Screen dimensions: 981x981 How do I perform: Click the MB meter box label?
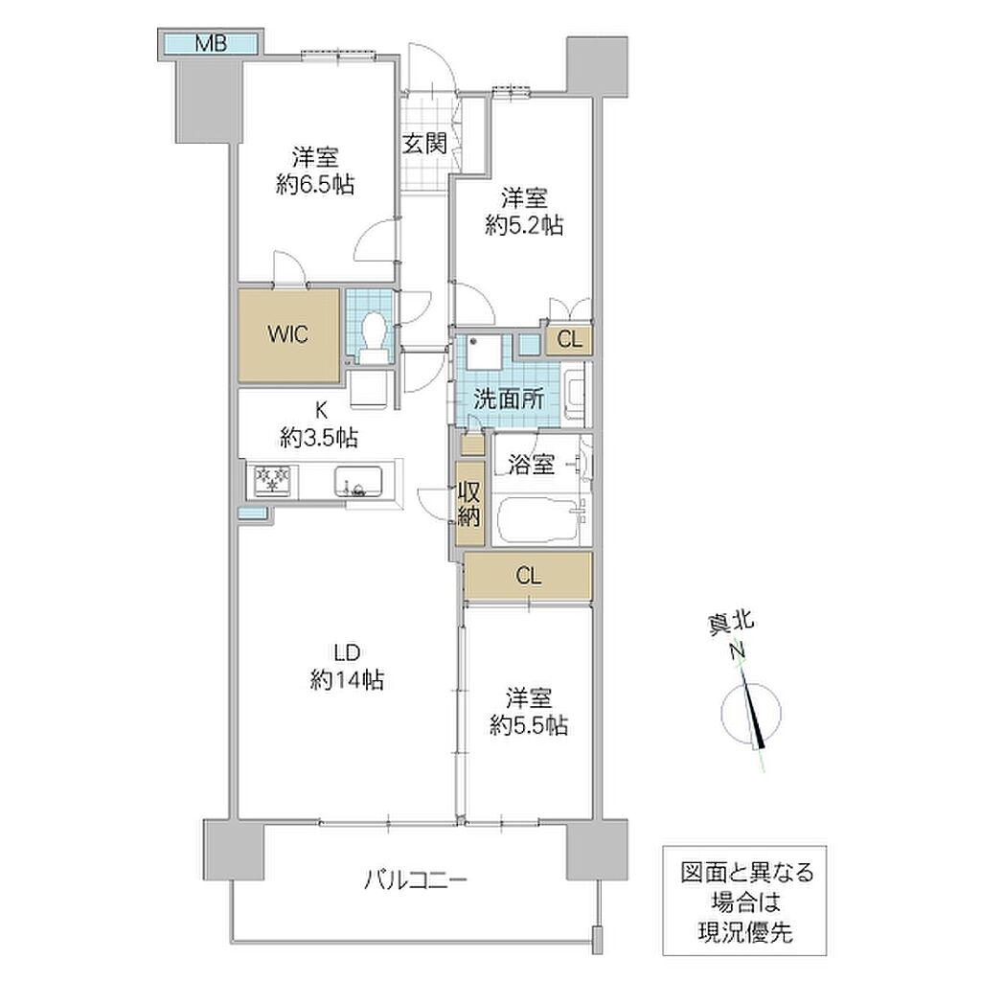tap(211, 43)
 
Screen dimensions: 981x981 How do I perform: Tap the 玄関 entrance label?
tap(424, 144)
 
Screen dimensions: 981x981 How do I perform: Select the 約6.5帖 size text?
tap(315, 185)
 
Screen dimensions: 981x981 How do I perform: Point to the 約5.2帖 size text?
tap(524, 225)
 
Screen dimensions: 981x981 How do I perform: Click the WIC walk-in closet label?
tap(288, 334)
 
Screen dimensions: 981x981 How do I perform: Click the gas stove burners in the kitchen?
tap(273, 481)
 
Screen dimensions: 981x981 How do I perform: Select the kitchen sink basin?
tap(358, 482)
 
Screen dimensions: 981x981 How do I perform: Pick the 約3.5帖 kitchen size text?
tap(319, 437)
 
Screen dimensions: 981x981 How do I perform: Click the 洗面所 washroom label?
tap(509, 399)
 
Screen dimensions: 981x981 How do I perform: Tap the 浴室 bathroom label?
tap(532, 465)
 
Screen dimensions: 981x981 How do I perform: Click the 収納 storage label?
tap(469, 504)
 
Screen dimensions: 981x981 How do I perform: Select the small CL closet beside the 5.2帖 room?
tap(569, 340)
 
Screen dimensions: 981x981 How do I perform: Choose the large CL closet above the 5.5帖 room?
tap(528, 576)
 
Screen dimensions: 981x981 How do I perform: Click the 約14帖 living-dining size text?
tap(347, 679)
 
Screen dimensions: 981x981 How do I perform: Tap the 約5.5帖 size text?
tap(529, 725)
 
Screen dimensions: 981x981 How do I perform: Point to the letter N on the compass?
tap(739, 651)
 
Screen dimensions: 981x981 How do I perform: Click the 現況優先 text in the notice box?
tap(745, 933)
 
